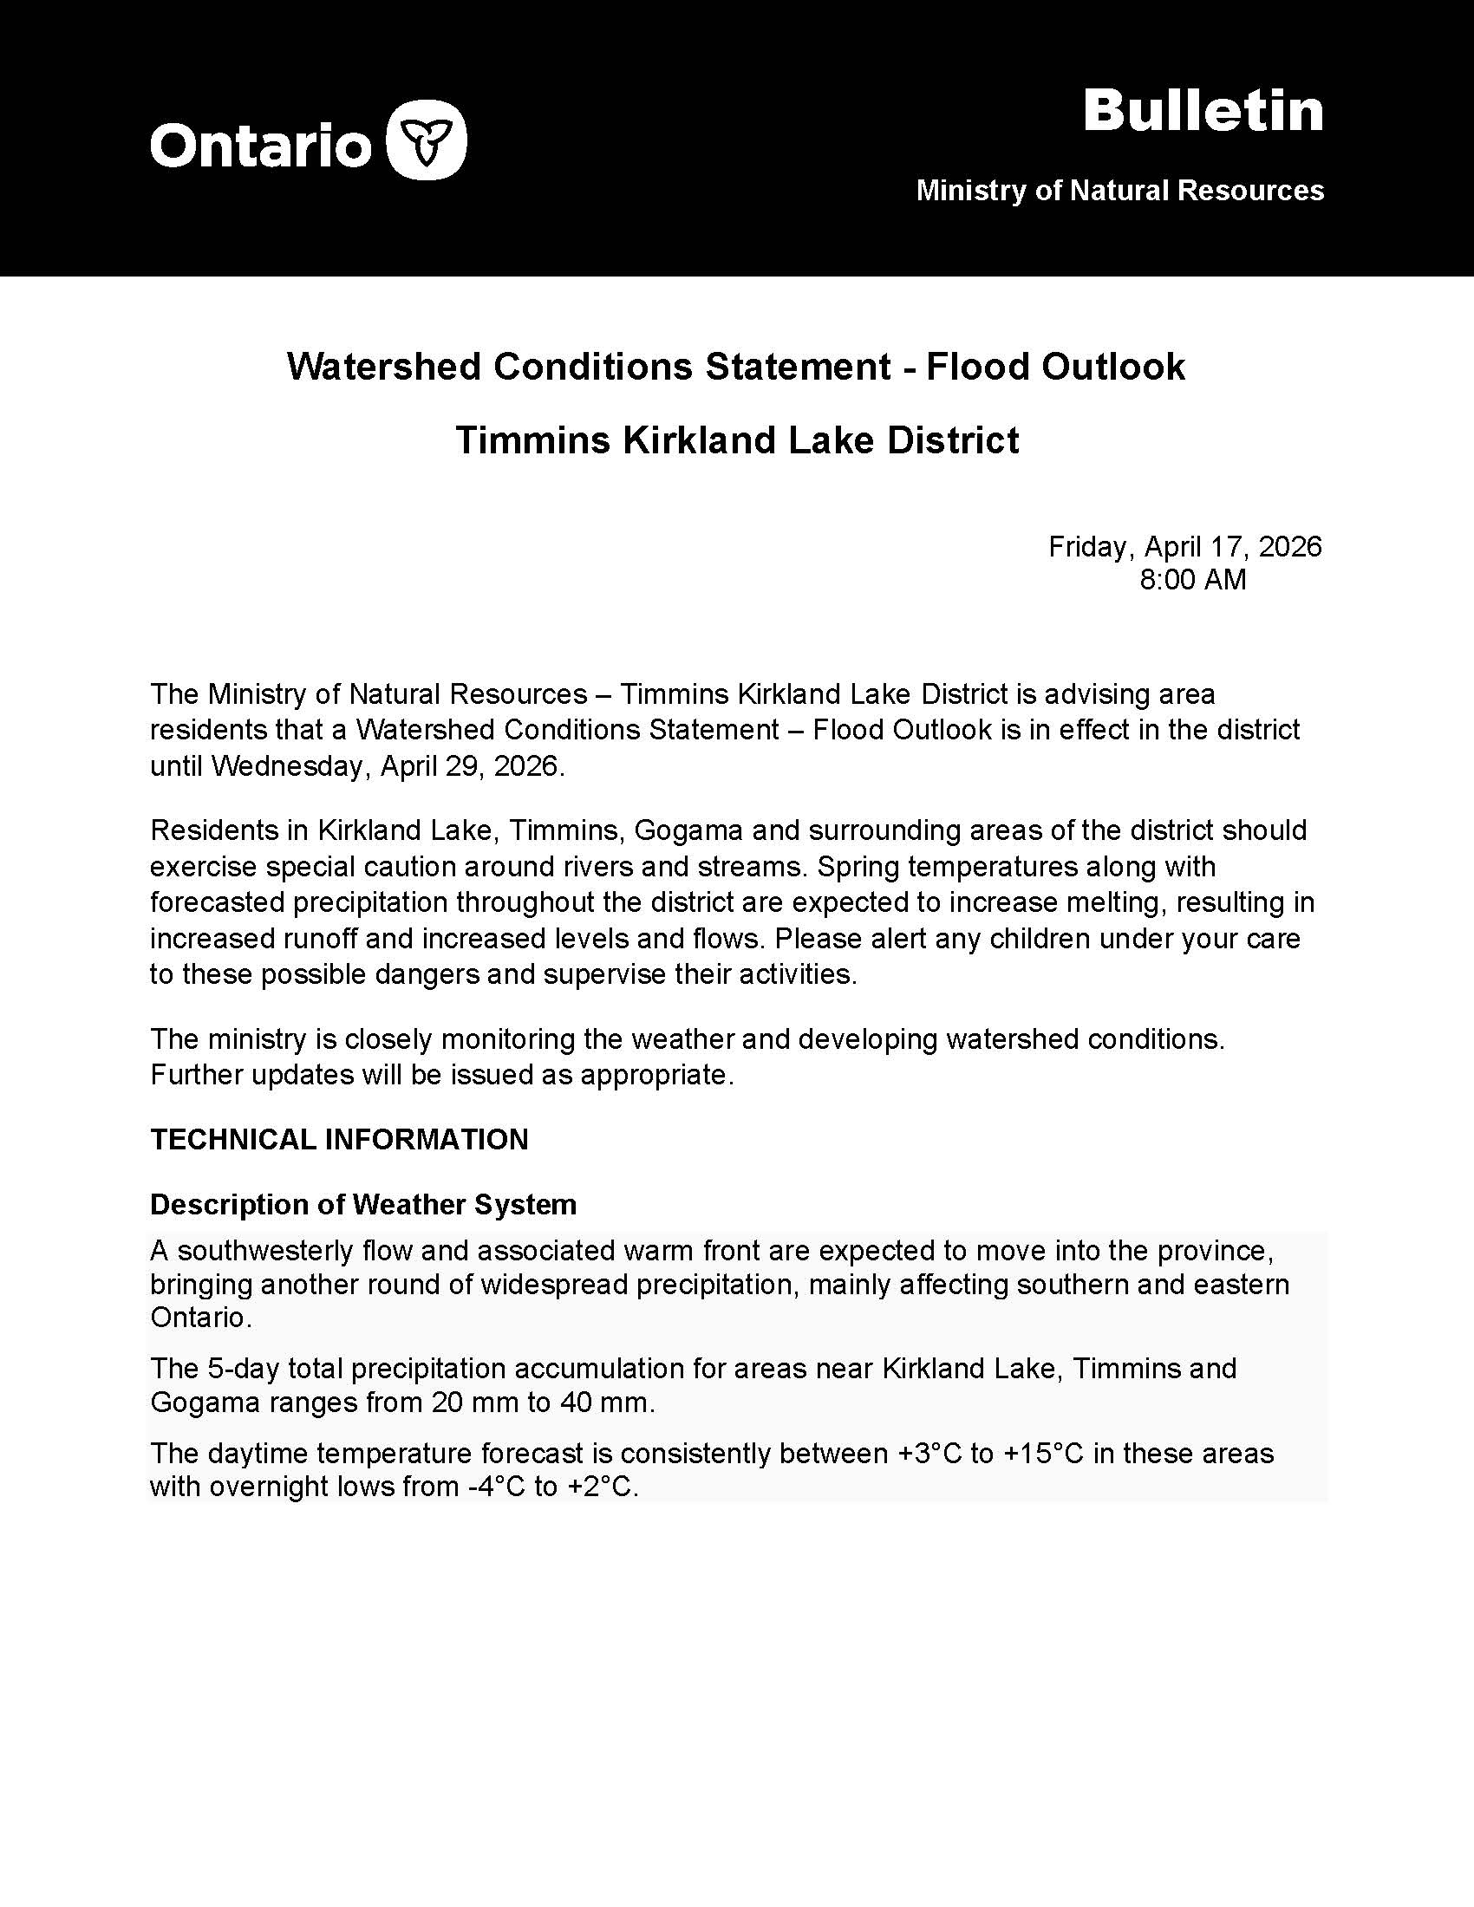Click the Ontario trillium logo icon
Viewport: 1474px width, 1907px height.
pos(426,140)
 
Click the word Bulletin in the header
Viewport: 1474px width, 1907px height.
pos(1203,112)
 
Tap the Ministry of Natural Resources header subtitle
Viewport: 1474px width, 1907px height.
pos(1119,191)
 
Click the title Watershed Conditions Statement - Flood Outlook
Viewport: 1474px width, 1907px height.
pos(736,367)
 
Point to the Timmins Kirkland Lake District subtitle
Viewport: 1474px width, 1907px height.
pos(736,440)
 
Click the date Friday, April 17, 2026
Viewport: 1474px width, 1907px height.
pos(1185,547)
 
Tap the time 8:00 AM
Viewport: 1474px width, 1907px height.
pos(1192,580)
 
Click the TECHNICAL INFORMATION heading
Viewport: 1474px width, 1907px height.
pos(339,1140)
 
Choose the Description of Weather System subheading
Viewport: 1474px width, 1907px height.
pos(363,1205)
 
